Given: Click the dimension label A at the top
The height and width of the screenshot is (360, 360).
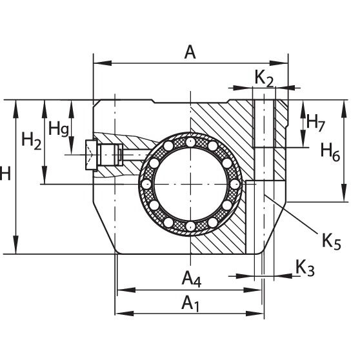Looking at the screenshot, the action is pyautogui.click(x=190, y=52).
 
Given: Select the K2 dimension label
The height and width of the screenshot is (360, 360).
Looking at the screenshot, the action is pyautogui.click(x=265, y=79).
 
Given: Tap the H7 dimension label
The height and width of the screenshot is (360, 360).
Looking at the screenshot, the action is pyautogui.click(x=315, y=123).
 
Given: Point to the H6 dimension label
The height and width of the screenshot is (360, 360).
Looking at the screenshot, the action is pyautogui.click(x=330, y=152).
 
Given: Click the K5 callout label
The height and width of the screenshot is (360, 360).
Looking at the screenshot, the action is pyautogui.click(x=332, y=241).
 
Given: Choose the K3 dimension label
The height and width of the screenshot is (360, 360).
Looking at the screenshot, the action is pyautogui.click(x=305, y=268).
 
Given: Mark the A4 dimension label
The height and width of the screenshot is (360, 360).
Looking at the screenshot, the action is pyautogui.click(x=191, y=279).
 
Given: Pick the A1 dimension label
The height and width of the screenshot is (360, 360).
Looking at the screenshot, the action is pyautogui.click(x=190, y=303).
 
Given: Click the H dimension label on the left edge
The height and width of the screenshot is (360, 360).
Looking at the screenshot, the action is pyautogui.click(x=5, y=174).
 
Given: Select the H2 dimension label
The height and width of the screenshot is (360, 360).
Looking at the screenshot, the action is pyautogui.click(x=32, y=141).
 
